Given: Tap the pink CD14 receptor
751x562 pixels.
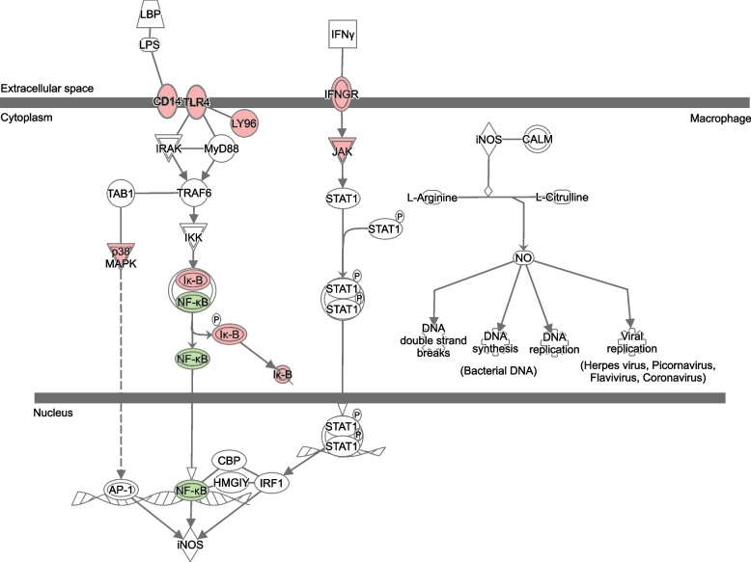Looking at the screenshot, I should tap(168, 100).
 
